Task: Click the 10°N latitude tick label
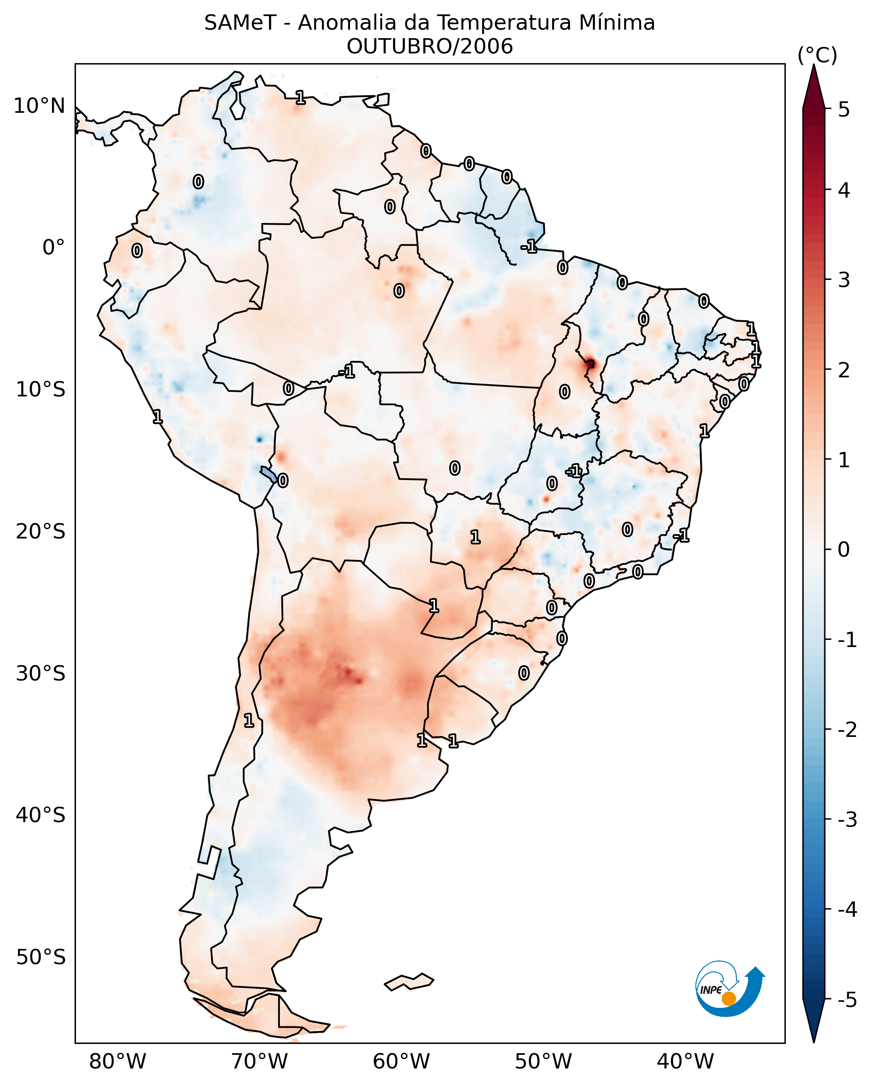click(x=39, y=106)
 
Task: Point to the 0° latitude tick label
click(x=53, y=248)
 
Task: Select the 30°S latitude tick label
click(x=40, y=673)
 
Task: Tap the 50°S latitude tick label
click(x=40, y=957)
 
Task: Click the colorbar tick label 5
click(x=844, y=109)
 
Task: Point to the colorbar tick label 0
click(x=844, y=549)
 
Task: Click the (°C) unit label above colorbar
click(x=817, y=56)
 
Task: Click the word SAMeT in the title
click(x=240, y=23)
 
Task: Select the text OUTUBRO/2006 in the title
click(x=429, y=46)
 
